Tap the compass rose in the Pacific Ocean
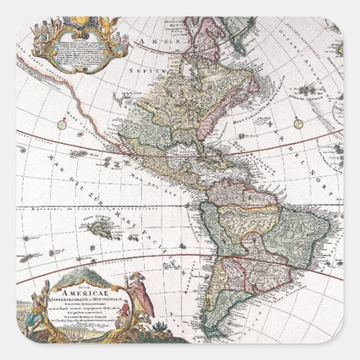pyautogui.click(x=62, y=124)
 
